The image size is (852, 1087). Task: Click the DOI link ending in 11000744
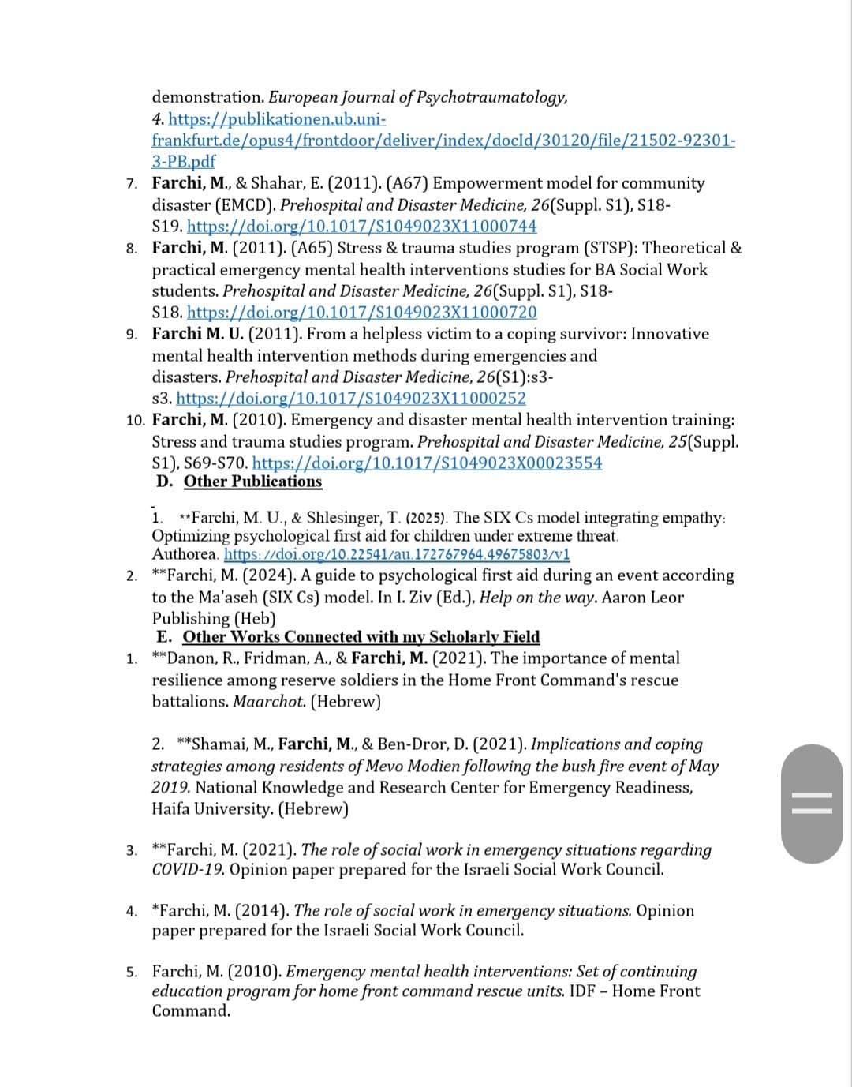(361, 227)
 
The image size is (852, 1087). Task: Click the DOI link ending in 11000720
(361, 313)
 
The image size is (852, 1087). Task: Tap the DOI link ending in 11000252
(350, 399)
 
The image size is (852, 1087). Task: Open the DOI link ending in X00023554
(427, 463)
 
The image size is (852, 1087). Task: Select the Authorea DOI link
(397, 554)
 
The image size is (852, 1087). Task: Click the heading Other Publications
(252, 482)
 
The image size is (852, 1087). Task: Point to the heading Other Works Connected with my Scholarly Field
(361, 637)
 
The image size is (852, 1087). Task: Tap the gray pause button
(812, 804)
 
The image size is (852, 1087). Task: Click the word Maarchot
(268, 701)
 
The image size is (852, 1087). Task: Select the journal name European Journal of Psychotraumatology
(417, 97)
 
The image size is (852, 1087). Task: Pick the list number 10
(135, 420)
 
